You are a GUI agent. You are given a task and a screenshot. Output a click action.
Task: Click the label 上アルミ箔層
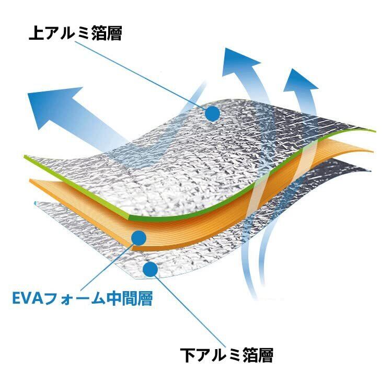pyautogui.click(x=75, y=34)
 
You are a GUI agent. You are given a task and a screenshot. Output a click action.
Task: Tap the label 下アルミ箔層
pyautogui.click(x=227, y=355)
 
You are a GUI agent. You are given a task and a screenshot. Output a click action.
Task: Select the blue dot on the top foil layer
pyautogui.click(x=212, y=113)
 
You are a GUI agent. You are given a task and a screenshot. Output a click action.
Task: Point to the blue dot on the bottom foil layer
pyautogui.click(x=150, y=270)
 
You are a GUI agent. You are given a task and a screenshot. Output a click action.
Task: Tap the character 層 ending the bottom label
pyautogui.click(x=266, y=355)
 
